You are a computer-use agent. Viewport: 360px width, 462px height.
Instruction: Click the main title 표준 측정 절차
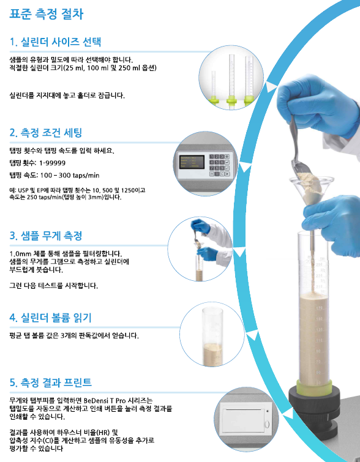(47, 14)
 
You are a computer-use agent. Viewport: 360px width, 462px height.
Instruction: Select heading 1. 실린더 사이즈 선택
(55, 42)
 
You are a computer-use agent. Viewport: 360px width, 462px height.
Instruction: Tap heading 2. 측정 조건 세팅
(46, 133)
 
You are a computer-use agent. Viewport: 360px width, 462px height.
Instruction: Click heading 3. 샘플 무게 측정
(46, 236)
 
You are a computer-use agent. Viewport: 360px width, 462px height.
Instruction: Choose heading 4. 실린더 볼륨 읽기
(50, 318)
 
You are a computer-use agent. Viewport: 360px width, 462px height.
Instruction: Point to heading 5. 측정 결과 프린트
(50, 382)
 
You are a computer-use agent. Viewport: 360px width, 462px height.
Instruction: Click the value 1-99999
(52, 163)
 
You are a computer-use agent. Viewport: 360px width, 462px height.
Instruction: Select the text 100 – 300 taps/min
(70, 175)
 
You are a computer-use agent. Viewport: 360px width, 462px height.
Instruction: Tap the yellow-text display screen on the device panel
(192, 162)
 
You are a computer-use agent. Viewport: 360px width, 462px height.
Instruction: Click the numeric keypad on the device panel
(219, 165)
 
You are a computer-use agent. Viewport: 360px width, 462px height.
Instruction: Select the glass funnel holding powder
(312, 190)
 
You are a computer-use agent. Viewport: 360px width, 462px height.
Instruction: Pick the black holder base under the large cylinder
(313, 412)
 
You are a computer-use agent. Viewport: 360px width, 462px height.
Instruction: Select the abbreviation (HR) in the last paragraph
(104, 433)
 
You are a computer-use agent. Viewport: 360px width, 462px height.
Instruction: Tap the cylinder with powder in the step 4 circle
(212, 337)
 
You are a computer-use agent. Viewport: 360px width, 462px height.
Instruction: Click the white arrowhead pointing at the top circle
(271, 87)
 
